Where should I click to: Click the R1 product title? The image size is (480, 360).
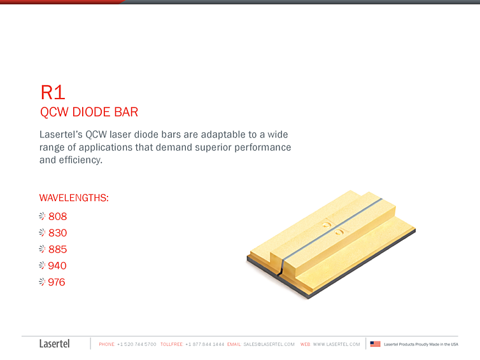pyautogui.click(x=53, y=92)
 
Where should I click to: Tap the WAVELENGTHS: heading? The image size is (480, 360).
pyautogui.click(x=74, y=198)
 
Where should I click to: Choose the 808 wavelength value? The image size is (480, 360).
pyautogui.click(x=57, y=216)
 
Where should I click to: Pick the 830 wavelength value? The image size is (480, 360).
pyautogui.click(x=57, y=233)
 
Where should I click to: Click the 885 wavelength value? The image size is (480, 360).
pyautogui.click(x=57, y=249)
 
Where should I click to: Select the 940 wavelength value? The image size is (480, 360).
pyautogui.click(x=57, y=266)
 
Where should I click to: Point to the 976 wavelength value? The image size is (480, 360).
pyautogui.click(x=57, y=282)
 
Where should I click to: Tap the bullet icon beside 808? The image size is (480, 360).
pyautogui.click(x=42, y=216)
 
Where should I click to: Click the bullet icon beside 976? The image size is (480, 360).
pyautogui.click(x=42, y=282)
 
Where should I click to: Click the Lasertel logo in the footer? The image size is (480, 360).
pyautogui.click(x=55, y=344)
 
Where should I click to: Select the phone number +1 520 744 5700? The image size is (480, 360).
pyautogui.click(x=136, y=344)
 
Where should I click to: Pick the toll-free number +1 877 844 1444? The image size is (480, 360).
pyautogui.click(x=205, y=344)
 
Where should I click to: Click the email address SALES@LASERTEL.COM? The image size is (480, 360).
pyautogui.click(x=269, y=344)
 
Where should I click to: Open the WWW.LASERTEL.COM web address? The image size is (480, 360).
pyautogui.click(x=336, y=344)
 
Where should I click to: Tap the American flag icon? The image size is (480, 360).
pyautogui.click(x=376, y=344)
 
